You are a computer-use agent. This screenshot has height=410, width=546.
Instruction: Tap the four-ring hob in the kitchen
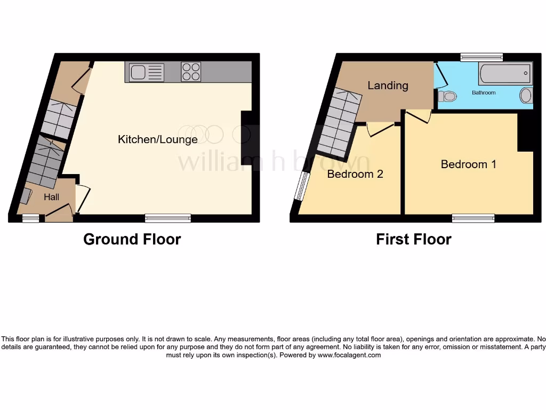pyautogui.click(x=191, y=72)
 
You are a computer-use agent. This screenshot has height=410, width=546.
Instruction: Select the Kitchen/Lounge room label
pyautogui.click(x=157, y=139)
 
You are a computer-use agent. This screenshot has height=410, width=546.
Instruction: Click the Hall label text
pyautogui.click(x=52, y=197)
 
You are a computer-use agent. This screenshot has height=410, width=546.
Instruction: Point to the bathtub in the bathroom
pyautogui.click(x=505, y=74)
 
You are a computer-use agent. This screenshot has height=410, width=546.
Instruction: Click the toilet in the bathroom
pyautogui.click(x=446, y=97)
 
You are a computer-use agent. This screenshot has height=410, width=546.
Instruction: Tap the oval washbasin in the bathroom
pyautogui.click(x=526, y=96)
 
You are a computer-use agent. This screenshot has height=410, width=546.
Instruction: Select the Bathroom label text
pyautogui.click(x=484, y=93)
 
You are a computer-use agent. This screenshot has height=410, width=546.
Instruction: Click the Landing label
pyautogui.click(x=388, y=85)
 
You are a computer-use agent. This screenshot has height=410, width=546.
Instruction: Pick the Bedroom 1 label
pyautogui.click(x=468, y=164)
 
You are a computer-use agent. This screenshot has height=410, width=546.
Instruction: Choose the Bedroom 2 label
pyautogui.click(x=355, y=174)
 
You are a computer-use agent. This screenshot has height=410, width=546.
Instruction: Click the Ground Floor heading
pyautogui.click(x=132, y=239)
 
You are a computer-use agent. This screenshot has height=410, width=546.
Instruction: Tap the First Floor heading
pyautogui.click(x=413, y=239)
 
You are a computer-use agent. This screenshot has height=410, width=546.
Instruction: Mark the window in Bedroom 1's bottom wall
pyautogui.click(x=473, y=218)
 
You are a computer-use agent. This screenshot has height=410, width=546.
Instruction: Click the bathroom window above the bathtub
pyautogui.click(x=481, y=57)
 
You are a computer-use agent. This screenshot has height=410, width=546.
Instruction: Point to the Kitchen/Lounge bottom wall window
pyautogui.click(x=168, y=218)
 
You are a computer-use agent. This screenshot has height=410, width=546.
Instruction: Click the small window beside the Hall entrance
pyautogui.click(x=30, y=218)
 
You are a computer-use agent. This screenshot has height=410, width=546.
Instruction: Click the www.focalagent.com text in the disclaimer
pyautogui.click(x=349, y=355)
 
